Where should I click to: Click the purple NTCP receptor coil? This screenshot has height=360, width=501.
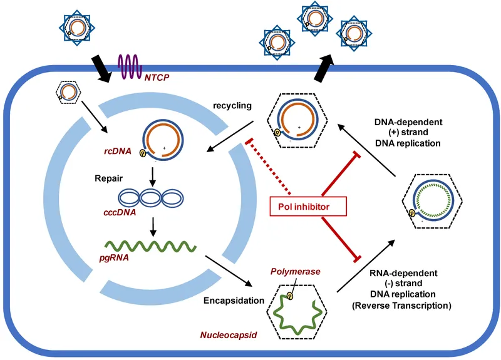coord(133,66)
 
